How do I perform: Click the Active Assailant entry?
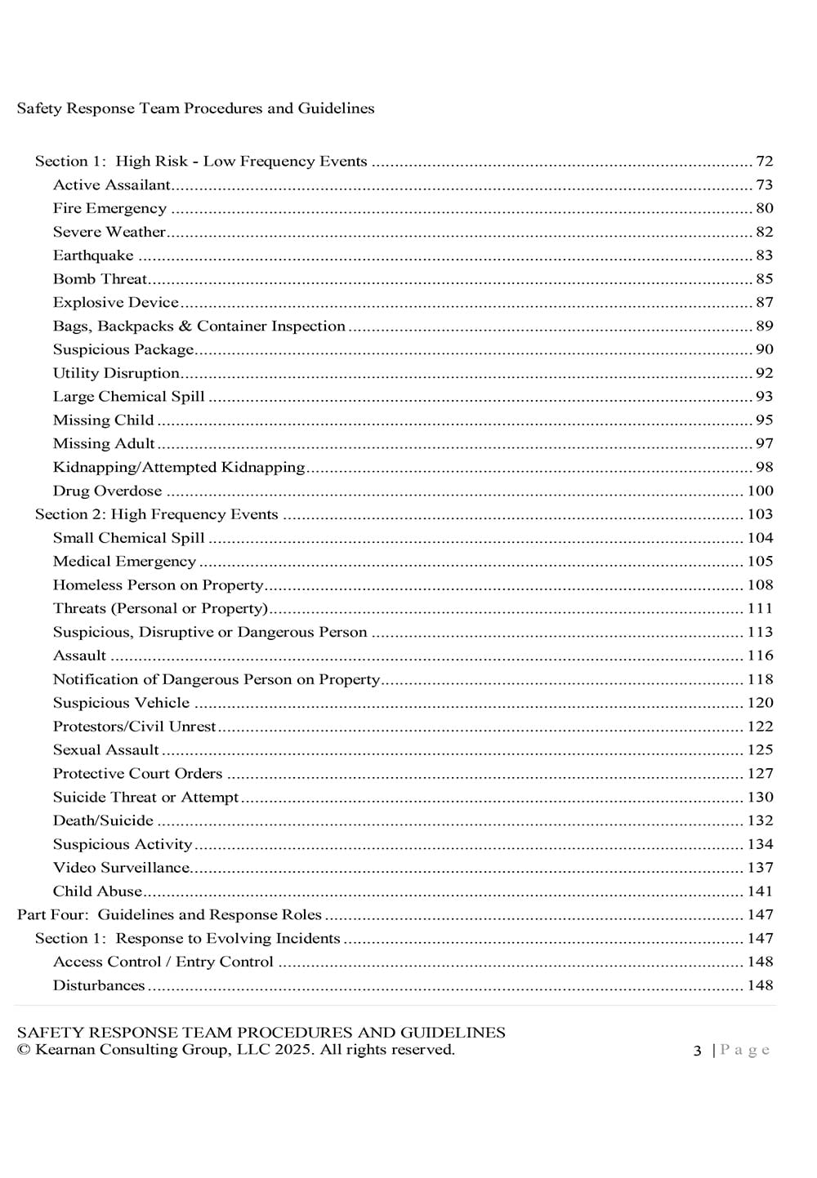point(112,185)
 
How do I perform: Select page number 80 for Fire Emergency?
point(764,209)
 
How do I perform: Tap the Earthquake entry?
point(93,256)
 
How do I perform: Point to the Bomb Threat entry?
point(100,279)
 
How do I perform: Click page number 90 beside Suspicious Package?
point(764,349)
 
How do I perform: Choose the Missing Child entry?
point(103,420)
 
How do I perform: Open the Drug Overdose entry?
point(107,491)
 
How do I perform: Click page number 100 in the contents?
point(760,491)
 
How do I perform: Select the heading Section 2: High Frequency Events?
point(156,515)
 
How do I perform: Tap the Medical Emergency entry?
point(124,562)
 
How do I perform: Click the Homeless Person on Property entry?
point(158,585)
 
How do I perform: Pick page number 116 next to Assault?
point(760,656)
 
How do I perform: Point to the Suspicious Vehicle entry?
point(121,703)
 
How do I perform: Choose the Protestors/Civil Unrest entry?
point(135,727)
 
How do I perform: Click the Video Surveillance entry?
point(121,868)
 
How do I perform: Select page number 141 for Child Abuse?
point(760,891)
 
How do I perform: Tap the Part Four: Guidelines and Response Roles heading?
point(169,915)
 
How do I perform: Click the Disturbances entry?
point(99,985)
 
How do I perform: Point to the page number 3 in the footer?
point(697,1051)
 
